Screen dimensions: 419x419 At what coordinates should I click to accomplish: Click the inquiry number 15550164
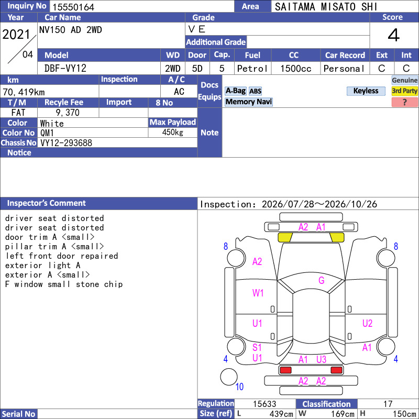point(73,7)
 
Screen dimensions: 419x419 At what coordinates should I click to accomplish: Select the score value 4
point(394,35)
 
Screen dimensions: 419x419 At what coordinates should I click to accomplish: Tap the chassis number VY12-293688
point(66,143)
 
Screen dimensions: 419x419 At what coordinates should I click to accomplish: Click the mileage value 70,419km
point(24,92)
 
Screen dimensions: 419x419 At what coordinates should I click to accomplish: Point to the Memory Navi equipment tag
point(248,102)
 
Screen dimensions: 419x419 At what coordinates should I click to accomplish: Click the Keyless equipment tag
point(366,91)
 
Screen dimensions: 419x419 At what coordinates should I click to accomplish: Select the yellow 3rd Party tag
point(404,91)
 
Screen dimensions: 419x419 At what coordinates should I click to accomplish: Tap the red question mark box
point(404,102)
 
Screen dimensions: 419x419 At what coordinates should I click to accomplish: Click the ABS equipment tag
point(255,91)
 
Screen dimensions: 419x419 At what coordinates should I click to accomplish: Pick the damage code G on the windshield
point(322,280)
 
